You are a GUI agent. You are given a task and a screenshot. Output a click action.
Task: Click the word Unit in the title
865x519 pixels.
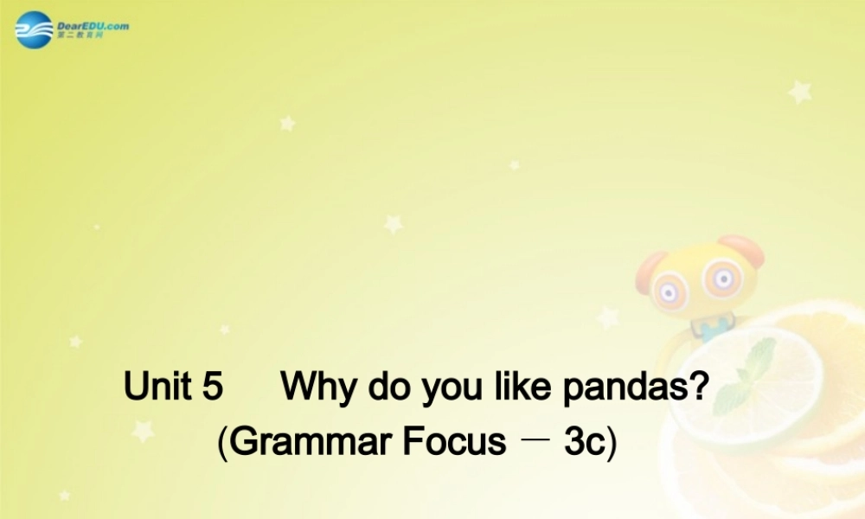[x=157, y=387]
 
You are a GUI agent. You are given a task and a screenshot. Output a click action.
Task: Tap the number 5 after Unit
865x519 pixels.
[x=213, y=387]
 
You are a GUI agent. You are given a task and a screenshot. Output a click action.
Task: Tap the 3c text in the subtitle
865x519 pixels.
[x=586, y=442]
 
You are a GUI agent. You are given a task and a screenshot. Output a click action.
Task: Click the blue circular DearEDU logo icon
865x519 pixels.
[x=34, y=30]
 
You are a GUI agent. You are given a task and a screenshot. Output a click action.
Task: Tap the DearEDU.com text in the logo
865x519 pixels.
[x=93, y=26]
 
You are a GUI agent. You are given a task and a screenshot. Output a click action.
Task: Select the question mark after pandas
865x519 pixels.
[x=698, y=387]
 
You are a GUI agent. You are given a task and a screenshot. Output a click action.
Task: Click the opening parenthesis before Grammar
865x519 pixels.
[x=222, y=443]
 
